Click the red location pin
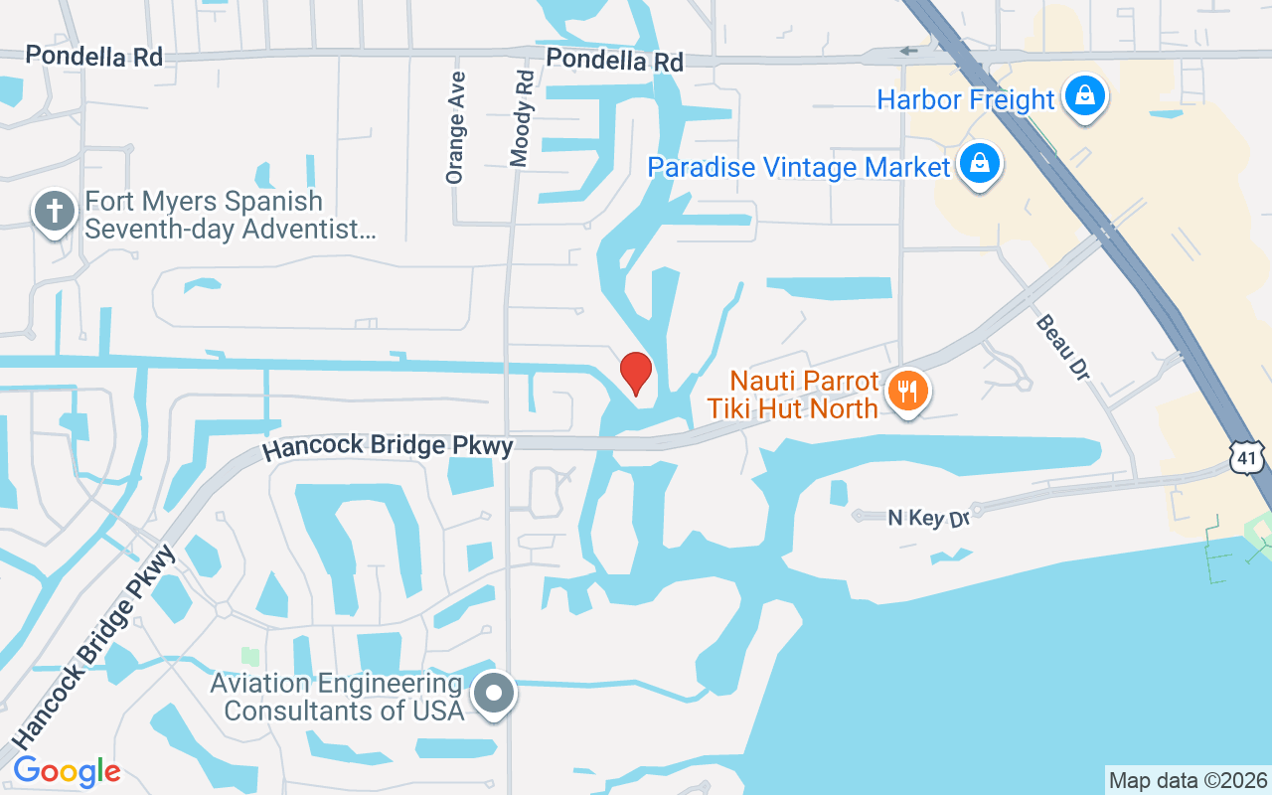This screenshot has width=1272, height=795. (636, 374)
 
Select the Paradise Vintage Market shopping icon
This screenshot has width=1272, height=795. (980, 164)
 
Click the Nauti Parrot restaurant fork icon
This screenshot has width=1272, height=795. (907, 392)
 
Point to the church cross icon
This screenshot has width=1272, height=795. (56, 212)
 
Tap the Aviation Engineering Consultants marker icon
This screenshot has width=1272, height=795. (495, 693)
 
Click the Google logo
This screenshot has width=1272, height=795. (67, 770)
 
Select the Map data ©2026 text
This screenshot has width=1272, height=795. (1188, 780)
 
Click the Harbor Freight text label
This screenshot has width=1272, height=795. (965, 99)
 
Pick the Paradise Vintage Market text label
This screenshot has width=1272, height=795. (799, 167)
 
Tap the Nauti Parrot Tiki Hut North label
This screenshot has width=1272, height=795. (804, 394)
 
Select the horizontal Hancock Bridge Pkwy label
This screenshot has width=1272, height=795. (388, 447)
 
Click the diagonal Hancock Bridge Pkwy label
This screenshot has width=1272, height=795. (93, 647)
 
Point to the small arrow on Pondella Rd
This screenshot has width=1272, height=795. (907, 52)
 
